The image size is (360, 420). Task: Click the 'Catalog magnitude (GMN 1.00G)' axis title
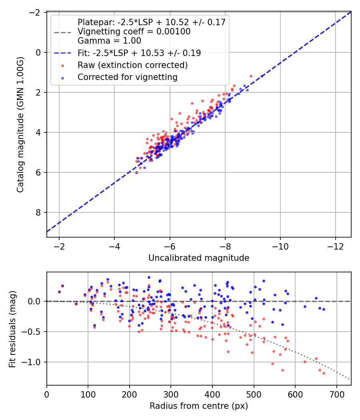tap(20, 124)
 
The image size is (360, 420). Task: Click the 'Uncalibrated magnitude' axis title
tap(199, 258)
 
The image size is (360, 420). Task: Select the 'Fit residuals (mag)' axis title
tap(12, 329)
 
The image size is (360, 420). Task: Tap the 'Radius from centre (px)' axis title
tap(199, 406)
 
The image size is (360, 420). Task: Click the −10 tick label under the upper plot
tap(280, 246)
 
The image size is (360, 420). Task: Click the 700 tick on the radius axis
tap(336, 394)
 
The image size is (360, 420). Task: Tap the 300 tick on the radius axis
tap(171, 394)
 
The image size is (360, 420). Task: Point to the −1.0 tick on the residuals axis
tap(30, 362)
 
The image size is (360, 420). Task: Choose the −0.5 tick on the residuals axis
tap(30, 332)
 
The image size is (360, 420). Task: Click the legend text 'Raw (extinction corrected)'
tap(132, 65)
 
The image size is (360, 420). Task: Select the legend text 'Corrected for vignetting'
tap(128, 77)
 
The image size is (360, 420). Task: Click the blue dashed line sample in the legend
tap(63, 53)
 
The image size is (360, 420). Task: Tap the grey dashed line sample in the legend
tap(63, 33)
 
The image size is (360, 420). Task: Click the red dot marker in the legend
tap(63, 66)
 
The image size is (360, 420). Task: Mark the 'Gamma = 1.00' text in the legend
tap(109, 41)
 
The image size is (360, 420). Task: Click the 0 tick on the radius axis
tap(47, 394)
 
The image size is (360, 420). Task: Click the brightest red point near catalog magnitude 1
tap(251, 76)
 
